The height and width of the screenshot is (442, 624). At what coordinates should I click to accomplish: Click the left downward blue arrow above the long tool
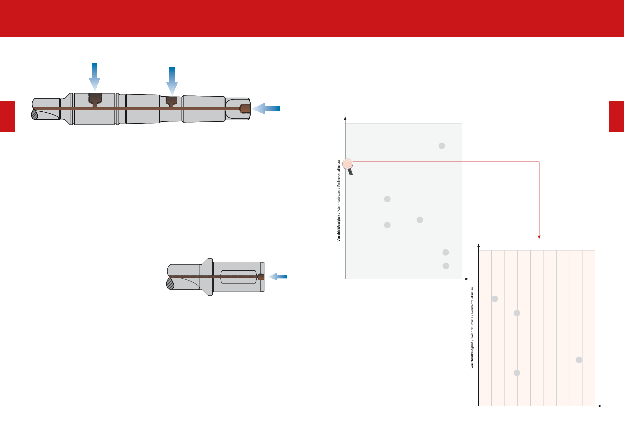pyautogui.click(x=95, y=77)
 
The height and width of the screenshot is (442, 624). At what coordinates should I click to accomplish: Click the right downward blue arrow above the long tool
pyautogui.click(x=172, y=81)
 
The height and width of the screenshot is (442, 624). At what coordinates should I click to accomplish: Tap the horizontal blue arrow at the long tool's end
pyautogui.click(x=266, y=109)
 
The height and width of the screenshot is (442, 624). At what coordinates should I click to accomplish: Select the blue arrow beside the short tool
pyautogui.click(x=278, y=276)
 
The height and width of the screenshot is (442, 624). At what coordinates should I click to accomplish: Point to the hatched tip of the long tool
pyautogui.click(x=34, y=115)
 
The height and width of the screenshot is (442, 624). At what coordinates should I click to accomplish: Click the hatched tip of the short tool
pyautogui.click(x=170, y=283)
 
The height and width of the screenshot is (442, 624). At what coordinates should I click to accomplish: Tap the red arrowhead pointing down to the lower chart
pyautogui.click(x=539, y=237)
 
